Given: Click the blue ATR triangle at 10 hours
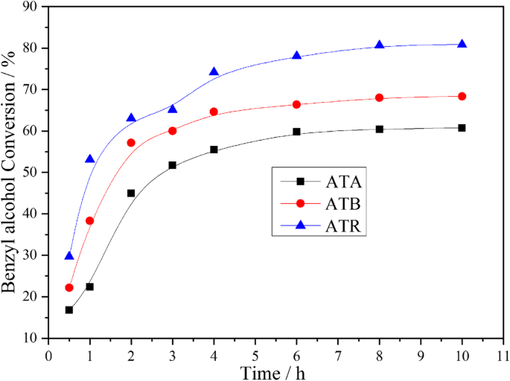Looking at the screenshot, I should click(x=462, y=44).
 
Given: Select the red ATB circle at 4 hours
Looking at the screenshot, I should click(x=214, y=112).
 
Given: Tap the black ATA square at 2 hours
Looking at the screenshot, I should click(x=131, y=193).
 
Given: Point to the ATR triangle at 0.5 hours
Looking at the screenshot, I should click(x=69, y=255).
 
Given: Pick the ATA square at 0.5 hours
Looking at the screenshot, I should click(x=69, y=310).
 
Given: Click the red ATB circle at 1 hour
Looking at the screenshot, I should click(x=90, y=220).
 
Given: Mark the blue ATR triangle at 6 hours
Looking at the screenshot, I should click(x=296, y=56).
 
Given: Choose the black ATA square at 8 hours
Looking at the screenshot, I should click(x=379, y=129).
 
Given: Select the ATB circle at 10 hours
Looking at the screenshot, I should click(x=462, y=96).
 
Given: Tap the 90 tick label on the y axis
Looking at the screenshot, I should click(x=32, y=7).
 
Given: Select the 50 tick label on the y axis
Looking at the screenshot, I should click(x=32, y=172).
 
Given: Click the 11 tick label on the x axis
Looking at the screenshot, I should click(x=503, y=353).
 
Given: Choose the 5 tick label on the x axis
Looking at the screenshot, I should click(x=255, y=353).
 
